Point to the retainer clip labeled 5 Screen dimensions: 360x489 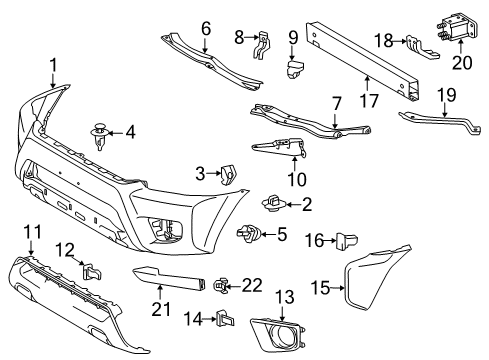click(247, 235)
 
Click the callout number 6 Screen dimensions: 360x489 click(206, 28)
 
